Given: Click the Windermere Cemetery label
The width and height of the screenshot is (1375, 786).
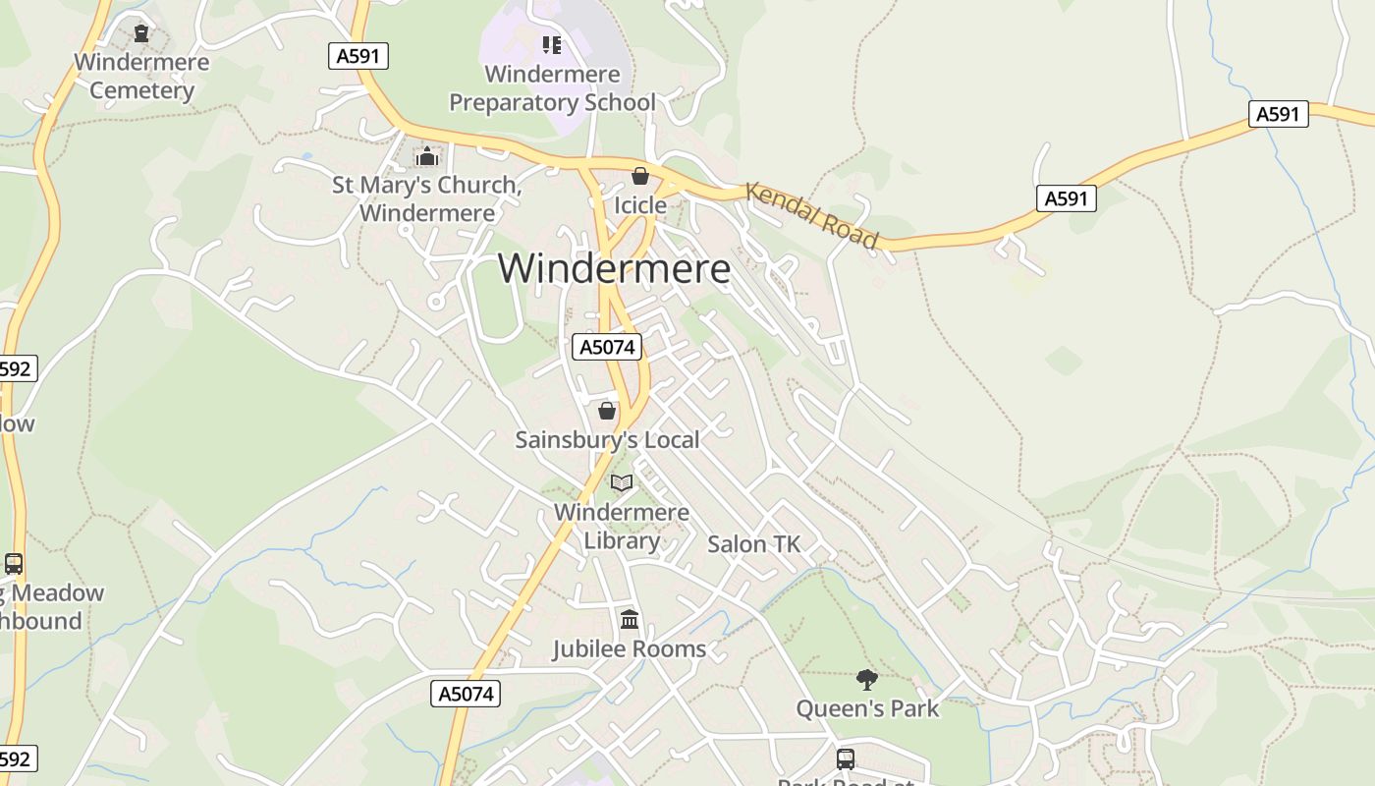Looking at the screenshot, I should [141, 77].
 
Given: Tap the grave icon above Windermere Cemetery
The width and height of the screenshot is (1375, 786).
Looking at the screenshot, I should [141, 33].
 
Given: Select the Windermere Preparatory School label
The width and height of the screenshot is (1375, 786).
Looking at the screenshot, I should [552, 88].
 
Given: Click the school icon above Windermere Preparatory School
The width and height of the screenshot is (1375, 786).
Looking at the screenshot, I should [552, 44].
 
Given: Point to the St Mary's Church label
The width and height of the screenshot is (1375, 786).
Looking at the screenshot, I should [426, 198].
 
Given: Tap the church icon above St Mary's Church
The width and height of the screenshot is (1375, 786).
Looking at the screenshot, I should [426, 156].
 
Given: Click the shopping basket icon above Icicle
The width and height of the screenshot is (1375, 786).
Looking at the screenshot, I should [640, 176].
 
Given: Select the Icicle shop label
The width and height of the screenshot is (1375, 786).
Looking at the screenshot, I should [640, 205].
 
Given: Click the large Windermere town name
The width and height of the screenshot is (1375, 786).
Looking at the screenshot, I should [615, 268].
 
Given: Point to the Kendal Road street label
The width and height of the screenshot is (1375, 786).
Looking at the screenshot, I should [811, 215].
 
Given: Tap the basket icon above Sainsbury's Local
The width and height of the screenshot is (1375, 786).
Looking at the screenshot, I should [607, 410].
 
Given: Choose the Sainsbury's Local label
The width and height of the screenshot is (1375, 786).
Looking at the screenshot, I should [607, 439].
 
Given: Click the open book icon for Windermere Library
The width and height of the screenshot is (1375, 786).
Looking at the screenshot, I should [622, 482].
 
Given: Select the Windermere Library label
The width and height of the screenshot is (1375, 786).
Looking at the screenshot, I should [622, 527].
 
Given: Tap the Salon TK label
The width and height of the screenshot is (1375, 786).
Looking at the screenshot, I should [754, 543].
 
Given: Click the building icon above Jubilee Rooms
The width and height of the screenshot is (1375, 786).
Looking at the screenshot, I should [630, 620].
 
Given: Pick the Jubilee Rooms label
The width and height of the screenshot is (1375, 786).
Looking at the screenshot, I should [630, 649].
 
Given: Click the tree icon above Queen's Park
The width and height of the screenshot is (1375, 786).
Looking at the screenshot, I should [866, 679].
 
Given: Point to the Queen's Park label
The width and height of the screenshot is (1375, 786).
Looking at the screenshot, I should [866, 708].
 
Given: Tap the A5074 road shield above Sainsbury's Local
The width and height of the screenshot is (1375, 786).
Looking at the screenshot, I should [606, 347].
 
